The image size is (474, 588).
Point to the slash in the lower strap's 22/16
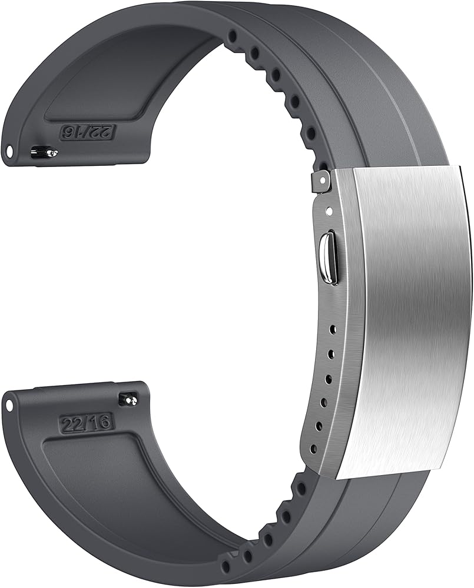pos(85,423)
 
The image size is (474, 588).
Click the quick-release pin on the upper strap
pos(45,152)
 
